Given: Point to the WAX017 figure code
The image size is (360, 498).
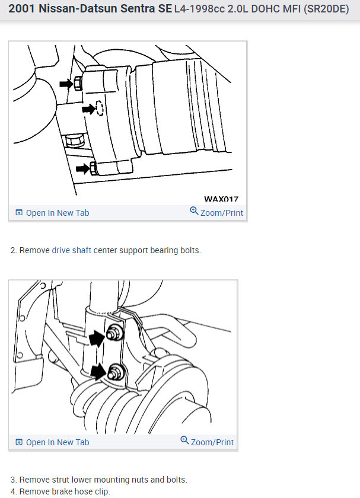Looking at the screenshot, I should coord(221,200).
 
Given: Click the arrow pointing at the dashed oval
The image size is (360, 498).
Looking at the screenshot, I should coord(88,108).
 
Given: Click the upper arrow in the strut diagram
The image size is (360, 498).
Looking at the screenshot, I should coord(94,338).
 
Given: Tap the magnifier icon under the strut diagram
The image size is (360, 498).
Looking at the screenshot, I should coord(185,441).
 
